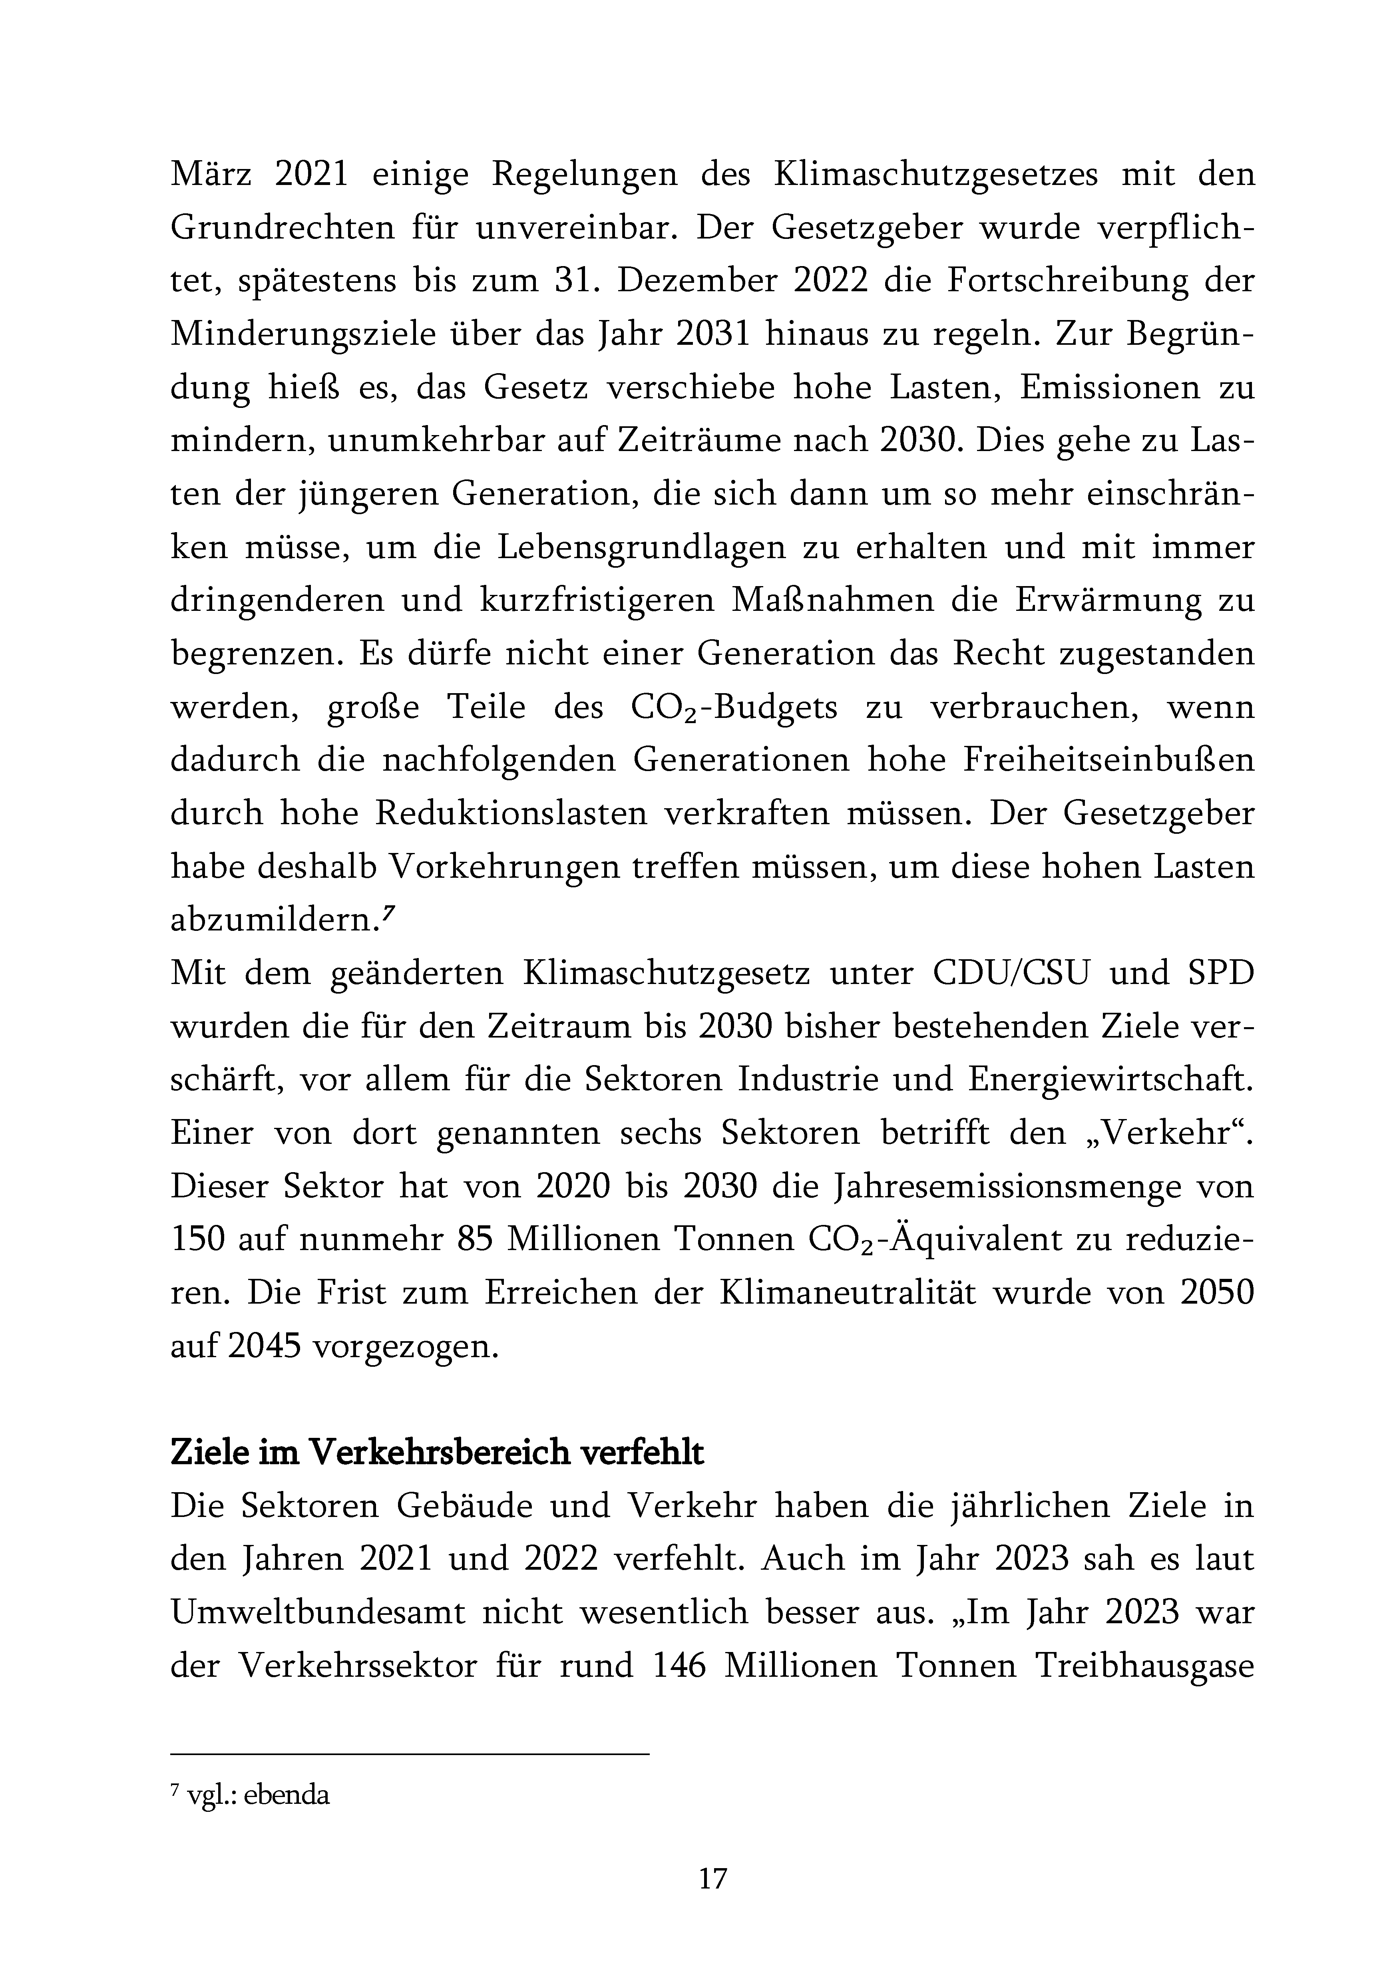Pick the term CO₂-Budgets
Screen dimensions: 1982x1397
[x=734, y=708]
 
